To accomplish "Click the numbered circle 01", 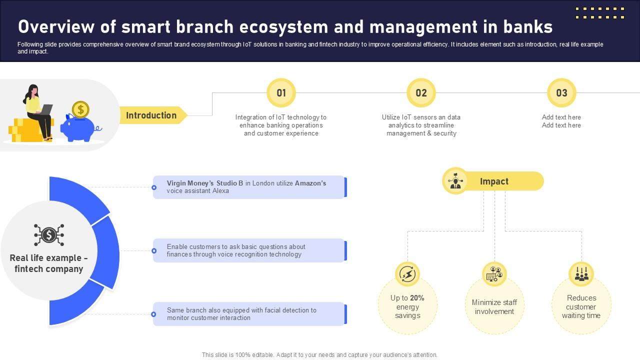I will (x=281, y=93).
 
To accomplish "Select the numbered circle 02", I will (x=421, y=93).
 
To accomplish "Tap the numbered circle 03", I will (x=561, y=93).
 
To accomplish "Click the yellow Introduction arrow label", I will (x=151, y=115).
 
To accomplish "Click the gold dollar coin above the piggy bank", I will (x=80, y=109).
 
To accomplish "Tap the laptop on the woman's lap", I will (x=46, y=109).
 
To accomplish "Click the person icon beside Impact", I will (x=455, y=181).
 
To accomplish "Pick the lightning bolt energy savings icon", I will (x=407, y=274).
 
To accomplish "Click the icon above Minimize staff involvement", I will (x=494, y=274).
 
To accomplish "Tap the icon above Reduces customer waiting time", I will (x=581, y=274).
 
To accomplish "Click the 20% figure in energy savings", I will (x=417, y=298).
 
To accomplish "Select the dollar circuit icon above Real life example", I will (x=49, y=234).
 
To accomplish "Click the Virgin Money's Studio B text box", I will (x=248, y=187).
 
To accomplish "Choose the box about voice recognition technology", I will (x=248, y=250).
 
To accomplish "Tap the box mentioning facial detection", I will (x=248, y=314).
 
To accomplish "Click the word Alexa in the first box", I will (x=220, y=191).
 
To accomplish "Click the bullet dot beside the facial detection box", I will (x=154, y=314).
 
